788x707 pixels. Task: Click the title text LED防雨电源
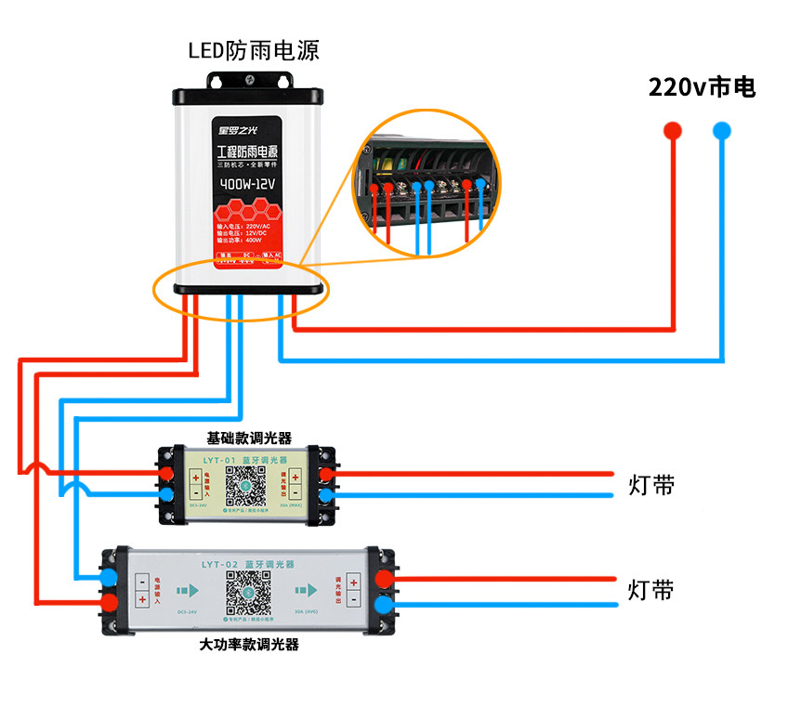click(x=254, y=50)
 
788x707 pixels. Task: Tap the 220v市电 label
click(x=702, y=87)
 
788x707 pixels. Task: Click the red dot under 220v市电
click(x=673, y=130)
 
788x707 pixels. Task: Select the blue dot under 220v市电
click(x=722, y=130)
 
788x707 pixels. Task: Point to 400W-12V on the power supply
click(x=248, y=183)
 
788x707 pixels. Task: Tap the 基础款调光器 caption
click(x=248, y=437)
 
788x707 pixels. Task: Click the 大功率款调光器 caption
click(x=249, y=644)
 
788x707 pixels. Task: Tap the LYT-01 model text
click(x=210, y=458)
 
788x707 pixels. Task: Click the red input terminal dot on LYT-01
click(x=166, y=475)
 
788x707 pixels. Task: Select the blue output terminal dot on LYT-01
click(x=326, y=494)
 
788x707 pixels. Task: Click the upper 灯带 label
click(x=651, y=485)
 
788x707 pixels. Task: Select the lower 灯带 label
click(x=651, y=590)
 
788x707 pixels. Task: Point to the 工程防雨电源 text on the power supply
click(x=248, y=151)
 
